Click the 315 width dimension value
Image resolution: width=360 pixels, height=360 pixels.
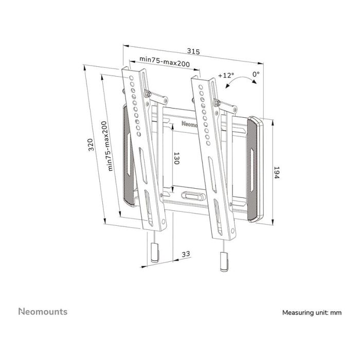(x=193, y=51)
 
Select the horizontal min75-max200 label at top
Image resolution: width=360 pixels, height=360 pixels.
(x=165, y=63)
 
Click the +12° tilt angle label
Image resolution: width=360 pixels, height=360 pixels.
(x=225, y=75)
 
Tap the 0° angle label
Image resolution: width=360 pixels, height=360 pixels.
(x=256, y=74)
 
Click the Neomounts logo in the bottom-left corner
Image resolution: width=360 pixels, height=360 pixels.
(x=43, y=312)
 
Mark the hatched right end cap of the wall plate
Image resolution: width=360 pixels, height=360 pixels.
(x=255, y=170)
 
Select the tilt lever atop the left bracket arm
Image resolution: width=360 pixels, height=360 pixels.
(x=157, y=96)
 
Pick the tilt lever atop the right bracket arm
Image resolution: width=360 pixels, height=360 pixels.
(x=226, y=104)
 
